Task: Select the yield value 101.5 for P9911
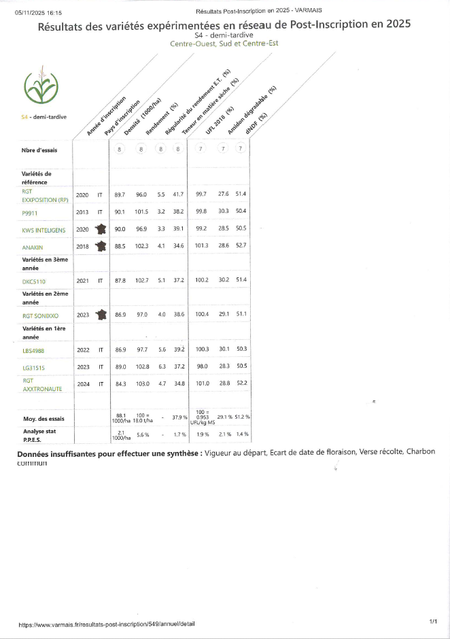click(141, 211)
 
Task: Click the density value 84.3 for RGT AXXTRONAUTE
click(120, 384)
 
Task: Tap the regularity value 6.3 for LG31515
click(161, 367)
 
